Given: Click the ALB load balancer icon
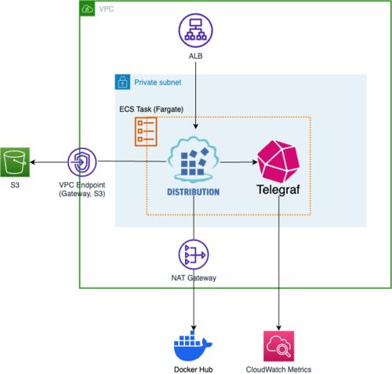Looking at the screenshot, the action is (x=195, y=31).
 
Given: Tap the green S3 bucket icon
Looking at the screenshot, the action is (x=15, y=162).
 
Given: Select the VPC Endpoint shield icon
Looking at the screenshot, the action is (x=82, y=162).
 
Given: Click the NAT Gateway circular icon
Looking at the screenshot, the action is (x=194, y=254).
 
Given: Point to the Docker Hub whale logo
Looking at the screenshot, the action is (x=193, y=346).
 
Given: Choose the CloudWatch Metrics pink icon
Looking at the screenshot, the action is (x=278, y=346).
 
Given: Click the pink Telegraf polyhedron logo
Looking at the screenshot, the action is (x=278, y=162).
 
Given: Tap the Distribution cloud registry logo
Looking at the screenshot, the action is (x=193, y=159).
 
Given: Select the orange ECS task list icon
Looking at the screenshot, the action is (x=146, y=132).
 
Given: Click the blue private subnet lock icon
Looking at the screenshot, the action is (x=122, y=82).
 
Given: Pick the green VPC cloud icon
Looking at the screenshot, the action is (x=87, y=9).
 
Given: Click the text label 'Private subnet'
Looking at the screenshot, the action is (x=158, y=82).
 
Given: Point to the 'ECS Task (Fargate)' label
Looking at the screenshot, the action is (x=151, y=109).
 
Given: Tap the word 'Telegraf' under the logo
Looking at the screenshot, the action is (x=278, y=190).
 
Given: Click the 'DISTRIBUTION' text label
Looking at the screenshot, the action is (x=193, y=192).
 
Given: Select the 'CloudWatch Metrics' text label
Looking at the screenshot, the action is (x=278, y=369).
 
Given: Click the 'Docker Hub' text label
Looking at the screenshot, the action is (x=193, y=369).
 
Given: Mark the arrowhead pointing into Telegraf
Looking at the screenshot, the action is (x=255, y=162).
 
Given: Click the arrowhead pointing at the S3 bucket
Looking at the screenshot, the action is (x=33, y=162).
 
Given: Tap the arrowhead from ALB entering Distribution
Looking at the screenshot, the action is (x=195, y=126).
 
